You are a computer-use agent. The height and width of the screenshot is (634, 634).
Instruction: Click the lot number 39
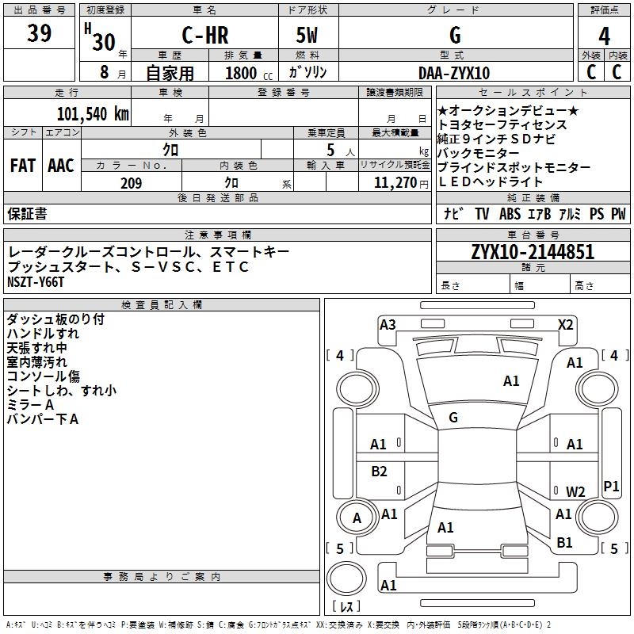coord(40,34)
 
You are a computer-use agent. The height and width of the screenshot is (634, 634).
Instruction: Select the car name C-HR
coord(204,36)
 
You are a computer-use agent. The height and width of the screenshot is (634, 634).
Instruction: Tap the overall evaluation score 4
coord(605,36)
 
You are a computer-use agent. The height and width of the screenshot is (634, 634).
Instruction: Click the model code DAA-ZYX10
coord(454,73)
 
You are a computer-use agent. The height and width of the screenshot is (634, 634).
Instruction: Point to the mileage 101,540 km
coord(93,113)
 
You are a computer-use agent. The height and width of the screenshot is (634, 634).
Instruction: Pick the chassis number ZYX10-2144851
coord(533,252)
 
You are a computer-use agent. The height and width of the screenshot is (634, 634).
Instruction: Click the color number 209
coord(131,183)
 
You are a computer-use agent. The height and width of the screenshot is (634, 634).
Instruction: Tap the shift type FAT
coord(23,166)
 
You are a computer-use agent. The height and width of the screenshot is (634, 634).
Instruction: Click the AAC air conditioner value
coord(61,166)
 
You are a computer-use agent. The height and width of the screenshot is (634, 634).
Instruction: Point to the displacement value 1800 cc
coord(245,73)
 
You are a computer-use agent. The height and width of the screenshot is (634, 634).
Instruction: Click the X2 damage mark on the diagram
coord(566,324)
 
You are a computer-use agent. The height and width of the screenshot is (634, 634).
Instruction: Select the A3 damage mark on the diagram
coord(388,324)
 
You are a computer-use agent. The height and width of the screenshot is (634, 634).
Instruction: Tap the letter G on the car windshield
coord(453,417)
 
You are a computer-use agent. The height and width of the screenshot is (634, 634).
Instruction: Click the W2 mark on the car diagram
coord(575,491)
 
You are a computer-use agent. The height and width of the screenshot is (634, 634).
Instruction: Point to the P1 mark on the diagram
coord(611,486)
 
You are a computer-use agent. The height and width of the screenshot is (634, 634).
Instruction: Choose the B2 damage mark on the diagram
coord(380,472)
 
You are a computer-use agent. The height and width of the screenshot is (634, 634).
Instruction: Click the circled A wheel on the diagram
coord(357,518)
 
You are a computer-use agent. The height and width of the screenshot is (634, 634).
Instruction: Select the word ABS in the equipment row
coord(510,214)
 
